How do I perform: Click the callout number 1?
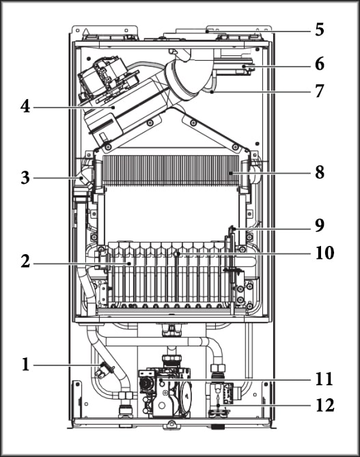pyautogui.click(x=26, y=364)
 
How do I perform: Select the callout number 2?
pyautogui.click(x=25, y=261)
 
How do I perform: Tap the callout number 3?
pyautogui.click(x=25, y=178)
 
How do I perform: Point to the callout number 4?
pyautogui.click(x=25, y=107)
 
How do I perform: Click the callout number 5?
pyautogui.click(x=320, y=30)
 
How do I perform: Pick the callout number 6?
pyautogui.click(x=320, y=64)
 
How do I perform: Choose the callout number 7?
pyautogui.click(x=320, y=91)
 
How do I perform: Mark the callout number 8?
pyautogui.click(x=320, y=172)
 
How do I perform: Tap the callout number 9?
pyautogui.click(x=320, y=225)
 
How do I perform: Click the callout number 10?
pyautogui.click(x=324, y=252)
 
